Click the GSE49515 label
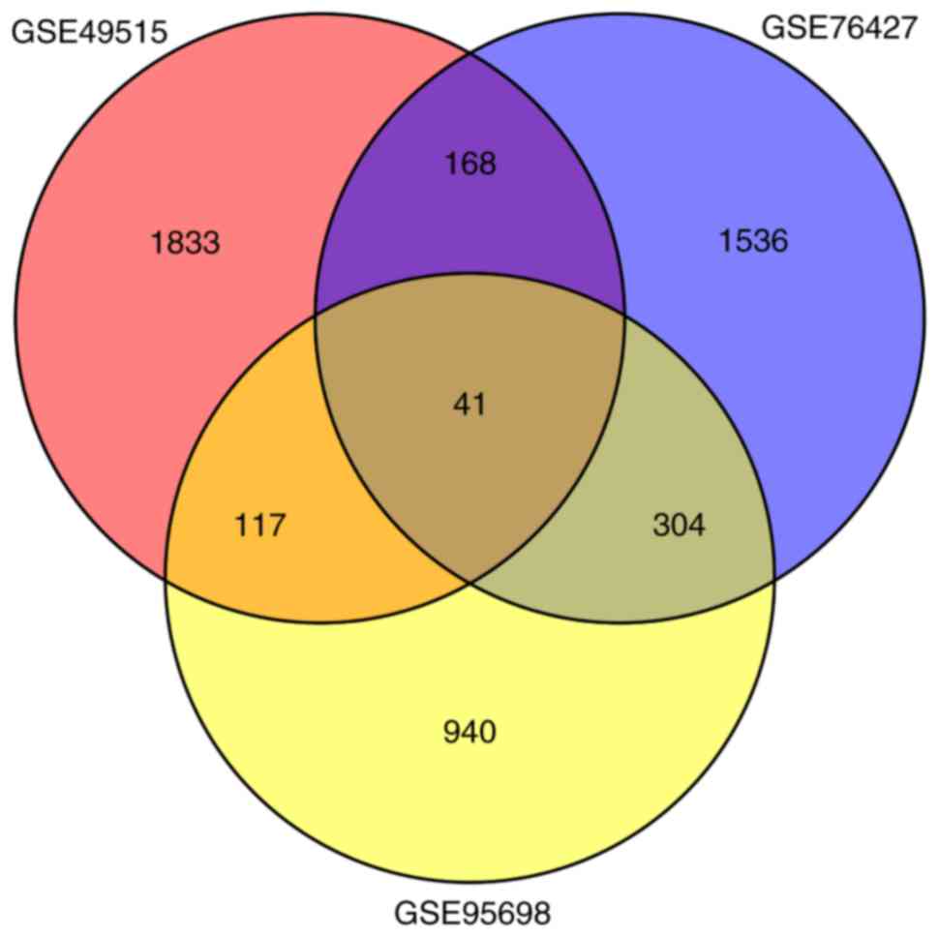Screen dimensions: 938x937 tap(89, 32)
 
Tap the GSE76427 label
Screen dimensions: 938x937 tap(838, 27)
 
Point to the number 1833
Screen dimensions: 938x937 tap(185, 242)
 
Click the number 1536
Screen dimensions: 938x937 tap(753, 240)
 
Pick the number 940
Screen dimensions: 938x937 tap(469, 732)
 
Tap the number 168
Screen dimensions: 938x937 tap(470, 164)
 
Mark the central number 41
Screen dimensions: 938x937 tap(469, 405)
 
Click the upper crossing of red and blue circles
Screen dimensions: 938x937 tap(470, 54)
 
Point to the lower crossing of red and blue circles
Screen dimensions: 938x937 tap(470, 582)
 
